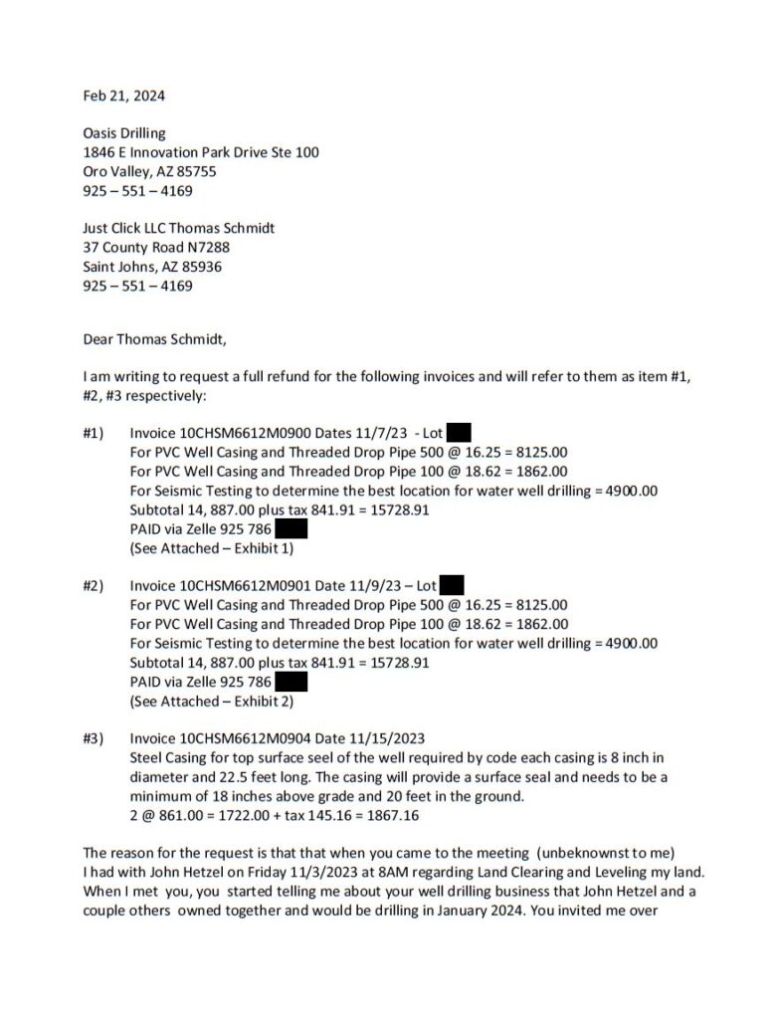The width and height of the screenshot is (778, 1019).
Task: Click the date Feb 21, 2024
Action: click(123, 97)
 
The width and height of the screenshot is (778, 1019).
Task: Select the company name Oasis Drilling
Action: click(124, 133)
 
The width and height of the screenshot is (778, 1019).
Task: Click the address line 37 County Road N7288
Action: click(156, 247)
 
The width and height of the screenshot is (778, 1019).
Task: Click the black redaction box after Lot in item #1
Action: click(458, 433)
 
